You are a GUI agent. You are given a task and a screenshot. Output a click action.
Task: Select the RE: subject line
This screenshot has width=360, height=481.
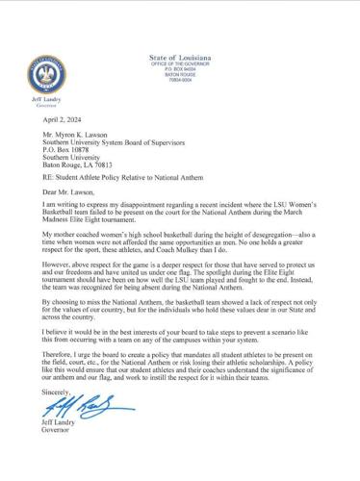click(x=125, y=187)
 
